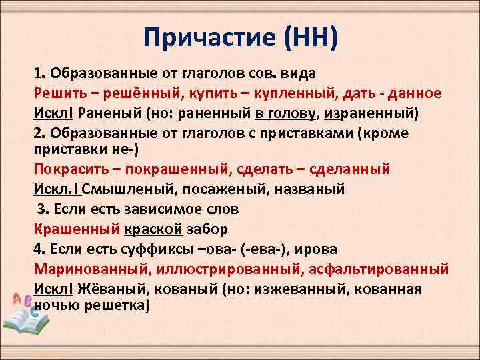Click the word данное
417,91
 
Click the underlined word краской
153,229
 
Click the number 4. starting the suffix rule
39,249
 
